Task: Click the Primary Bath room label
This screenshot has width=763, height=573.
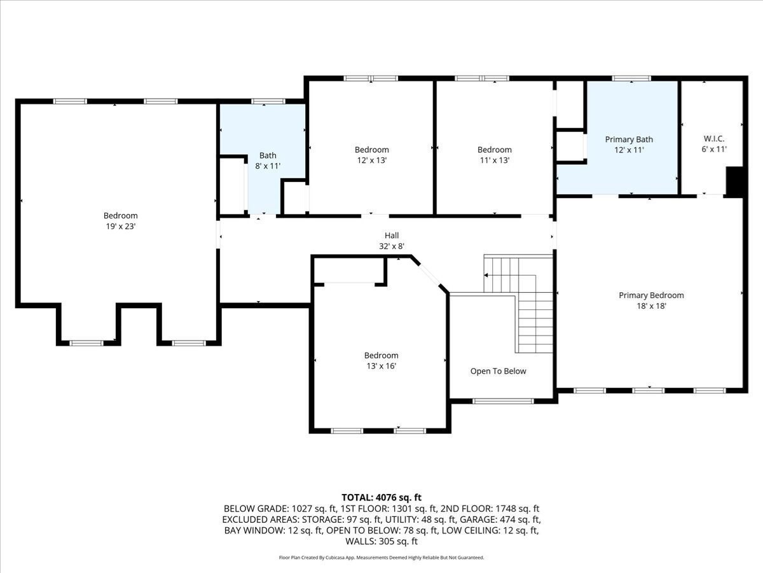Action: (x=629, y=139)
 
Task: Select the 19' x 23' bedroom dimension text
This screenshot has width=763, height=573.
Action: (x=120, y=226)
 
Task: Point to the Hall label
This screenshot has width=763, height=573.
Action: (x=392, y=236)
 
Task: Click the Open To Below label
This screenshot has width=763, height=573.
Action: (x=498, y=371)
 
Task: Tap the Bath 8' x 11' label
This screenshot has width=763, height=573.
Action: (x=268, y=160)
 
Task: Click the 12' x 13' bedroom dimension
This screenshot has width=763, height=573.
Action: (x=371, y=160)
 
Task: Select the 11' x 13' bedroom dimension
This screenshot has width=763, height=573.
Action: (x=494, y=160)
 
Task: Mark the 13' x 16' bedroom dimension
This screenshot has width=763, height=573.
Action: (x=381, y=366)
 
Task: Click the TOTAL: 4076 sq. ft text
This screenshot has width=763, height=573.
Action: (x=381, y=497)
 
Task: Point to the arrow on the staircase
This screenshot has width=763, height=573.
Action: (x=486, y=275)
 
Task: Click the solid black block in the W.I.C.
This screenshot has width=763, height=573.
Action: (x=734, y=182)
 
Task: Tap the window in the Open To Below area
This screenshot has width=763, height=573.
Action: (x=502, y=401)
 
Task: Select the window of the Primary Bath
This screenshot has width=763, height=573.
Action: (x=631, y=78)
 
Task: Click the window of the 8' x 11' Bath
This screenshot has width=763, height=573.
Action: (x=268, y=101)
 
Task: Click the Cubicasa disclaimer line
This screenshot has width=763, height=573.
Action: (x=381, y=558)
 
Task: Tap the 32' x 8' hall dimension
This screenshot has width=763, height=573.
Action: (x=392, y=246)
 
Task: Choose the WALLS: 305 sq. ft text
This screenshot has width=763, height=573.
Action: (x=381, y=542)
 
